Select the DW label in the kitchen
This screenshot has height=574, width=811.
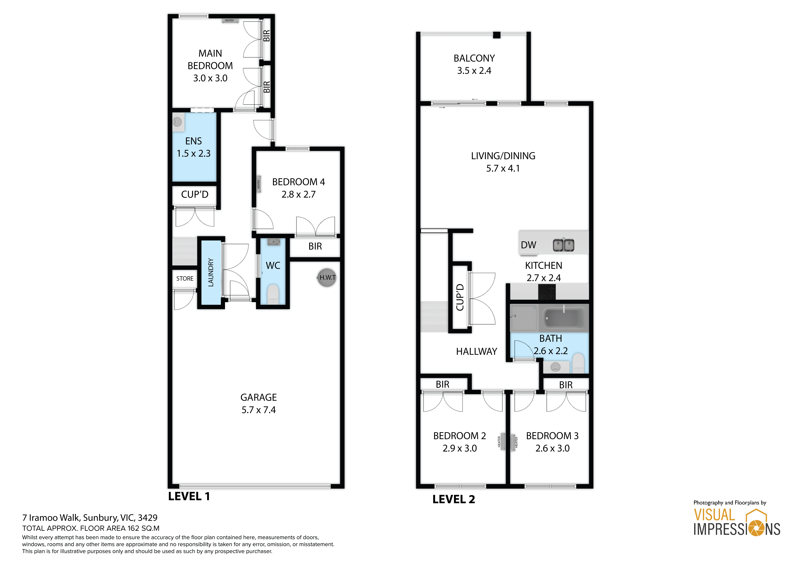(528, 245)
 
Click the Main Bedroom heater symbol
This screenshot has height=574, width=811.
(230, 20)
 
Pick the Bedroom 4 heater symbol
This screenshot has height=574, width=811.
(259, 184)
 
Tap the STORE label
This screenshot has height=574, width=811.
(185, 279)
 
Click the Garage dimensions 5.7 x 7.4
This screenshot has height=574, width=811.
(259, 410)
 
